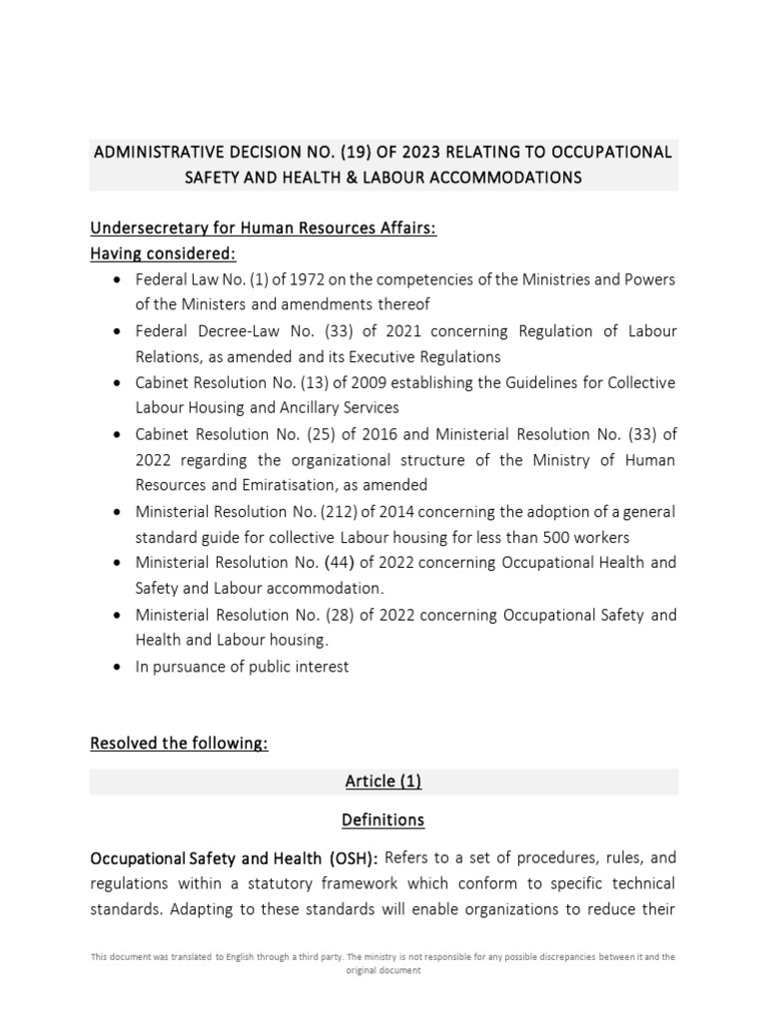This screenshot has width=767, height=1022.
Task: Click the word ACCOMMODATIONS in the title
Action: (x=496, y=178)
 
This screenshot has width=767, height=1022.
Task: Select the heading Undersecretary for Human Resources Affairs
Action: (x=264, y=229)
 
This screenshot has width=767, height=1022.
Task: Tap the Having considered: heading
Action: (x=164, y=254)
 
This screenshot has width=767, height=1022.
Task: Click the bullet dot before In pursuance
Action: (x=119, y=667)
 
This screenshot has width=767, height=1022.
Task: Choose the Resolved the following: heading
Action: (x=179, y=744)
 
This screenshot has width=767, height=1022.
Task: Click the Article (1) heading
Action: (x=383, y=781)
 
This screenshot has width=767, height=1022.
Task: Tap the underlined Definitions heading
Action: (x=383, y=819)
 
